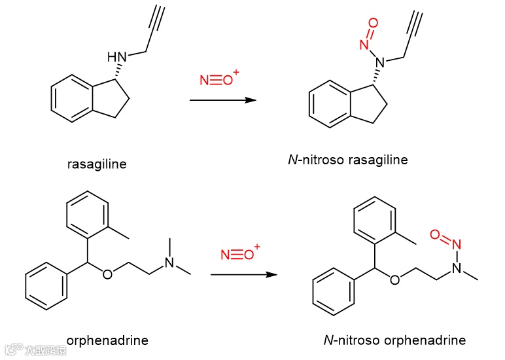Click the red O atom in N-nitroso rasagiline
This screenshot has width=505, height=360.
[373, 23]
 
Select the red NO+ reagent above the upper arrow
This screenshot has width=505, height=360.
[220, 81]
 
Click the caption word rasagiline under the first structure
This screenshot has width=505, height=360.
[97, 164]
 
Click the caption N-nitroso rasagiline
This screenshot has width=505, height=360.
[347, 160]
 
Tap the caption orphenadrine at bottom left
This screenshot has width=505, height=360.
[107, 340]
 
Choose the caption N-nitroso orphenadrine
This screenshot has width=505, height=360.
[394, 340]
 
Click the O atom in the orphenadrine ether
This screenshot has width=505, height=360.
[107, 274]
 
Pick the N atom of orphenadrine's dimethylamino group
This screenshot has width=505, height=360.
[169, 262]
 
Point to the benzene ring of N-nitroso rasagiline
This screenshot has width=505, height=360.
[329, 105]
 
